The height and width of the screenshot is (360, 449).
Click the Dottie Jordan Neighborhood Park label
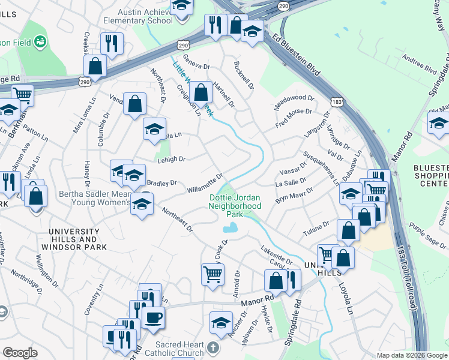tap(235, 206)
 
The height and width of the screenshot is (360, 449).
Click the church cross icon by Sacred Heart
tap(213, 347)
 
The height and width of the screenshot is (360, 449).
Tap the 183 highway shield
tap(337, 103)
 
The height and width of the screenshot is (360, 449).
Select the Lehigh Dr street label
tap(172, 159)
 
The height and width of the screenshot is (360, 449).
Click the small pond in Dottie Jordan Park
tap(230, 228)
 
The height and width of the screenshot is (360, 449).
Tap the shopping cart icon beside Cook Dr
tap(212, 275)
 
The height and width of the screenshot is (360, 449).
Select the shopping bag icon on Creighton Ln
tap(201, 93)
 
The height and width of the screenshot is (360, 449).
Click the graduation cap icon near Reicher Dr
tap(221, 322)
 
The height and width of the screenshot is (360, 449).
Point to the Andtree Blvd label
tap(418, 65)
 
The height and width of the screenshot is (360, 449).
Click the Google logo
tap(20, 353)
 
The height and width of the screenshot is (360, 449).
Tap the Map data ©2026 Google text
tap(411, 355)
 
